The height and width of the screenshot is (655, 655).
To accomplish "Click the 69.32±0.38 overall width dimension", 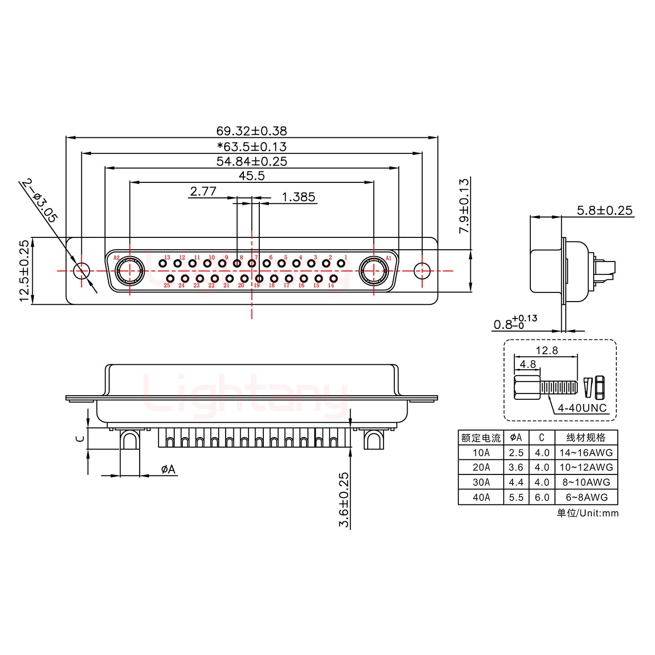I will tap(252, 131).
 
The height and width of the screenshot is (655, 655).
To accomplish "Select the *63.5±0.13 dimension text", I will tap(252, 146).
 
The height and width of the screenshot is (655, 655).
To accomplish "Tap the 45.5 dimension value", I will tap(252, 176).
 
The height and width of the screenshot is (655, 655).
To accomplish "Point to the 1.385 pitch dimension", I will tap(298, 197).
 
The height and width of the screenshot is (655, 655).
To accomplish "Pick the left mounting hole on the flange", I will tap(81, 271).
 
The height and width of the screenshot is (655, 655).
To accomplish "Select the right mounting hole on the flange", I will tap(422, 271).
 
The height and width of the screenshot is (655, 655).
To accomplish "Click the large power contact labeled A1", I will tap(373, 271).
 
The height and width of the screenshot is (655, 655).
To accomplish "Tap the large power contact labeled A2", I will tap(130, 271).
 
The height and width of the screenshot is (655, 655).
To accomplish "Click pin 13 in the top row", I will tap(162, 263).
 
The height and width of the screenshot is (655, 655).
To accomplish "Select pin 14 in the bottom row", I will tap(333, 278).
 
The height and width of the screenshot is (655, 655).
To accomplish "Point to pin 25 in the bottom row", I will tap(170, 278).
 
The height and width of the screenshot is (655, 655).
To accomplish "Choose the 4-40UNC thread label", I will tap(582, 408).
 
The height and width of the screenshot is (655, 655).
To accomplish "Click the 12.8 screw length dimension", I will tap(546, 350).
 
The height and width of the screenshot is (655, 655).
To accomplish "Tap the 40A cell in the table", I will tap(481, 497).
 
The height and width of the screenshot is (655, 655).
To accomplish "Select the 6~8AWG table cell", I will tap(586, 497).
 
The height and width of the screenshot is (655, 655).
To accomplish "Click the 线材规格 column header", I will tap(586, 438).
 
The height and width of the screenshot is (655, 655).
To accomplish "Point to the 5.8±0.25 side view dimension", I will tap(605, 210).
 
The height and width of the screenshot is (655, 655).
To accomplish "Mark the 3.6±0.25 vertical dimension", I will tap(344, 499).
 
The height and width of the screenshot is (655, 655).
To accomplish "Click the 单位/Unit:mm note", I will tap(587, 513).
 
